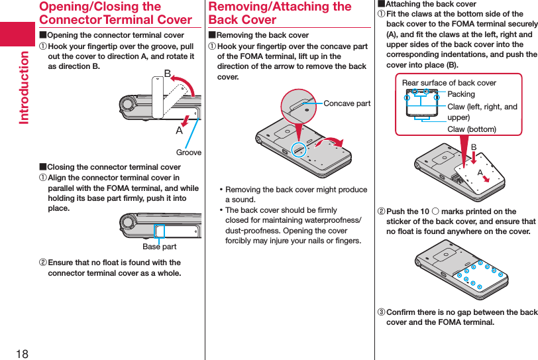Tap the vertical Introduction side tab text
[24, 87]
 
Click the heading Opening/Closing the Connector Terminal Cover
[115, 13]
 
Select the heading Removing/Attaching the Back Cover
[280, 13]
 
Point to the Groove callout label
[189, 152]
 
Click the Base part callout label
[160, 247]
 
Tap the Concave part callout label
[347, 103]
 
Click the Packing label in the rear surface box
[461, 95]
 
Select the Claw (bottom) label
[471, 129]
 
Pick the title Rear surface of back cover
[449, 83]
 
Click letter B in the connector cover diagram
[168, 72]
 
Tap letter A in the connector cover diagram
[179, 130]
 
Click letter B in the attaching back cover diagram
[474, 147]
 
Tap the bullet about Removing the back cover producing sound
[296, 194]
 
